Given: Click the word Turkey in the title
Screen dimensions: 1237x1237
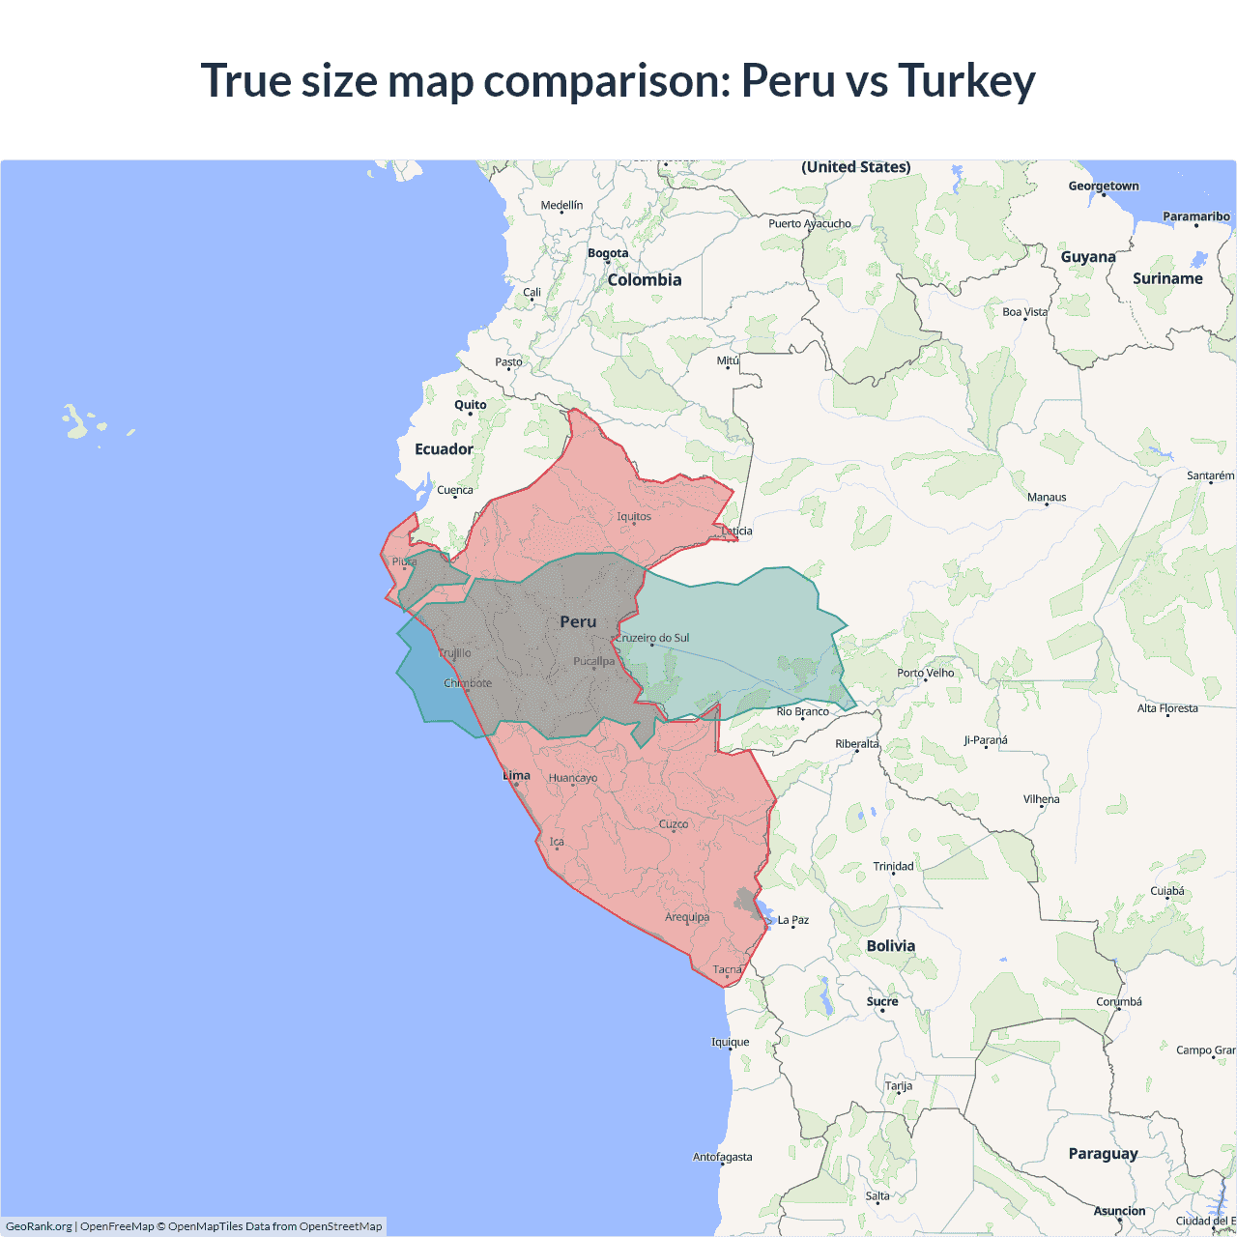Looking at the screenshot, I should point(966,80).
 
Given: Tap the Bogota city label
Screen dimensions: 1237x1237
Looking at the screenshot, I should point(608,253).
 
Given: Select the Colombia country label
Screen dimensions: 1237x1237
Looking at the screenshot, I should point(645,280).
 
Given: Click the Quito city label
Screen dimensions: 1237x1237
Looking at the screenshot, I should point(471,405).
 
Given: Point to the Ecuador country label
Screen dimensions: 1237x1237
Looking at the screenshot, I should point(444,449).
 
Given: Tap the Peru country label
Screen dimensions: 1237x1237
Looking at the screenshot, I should point(578,622).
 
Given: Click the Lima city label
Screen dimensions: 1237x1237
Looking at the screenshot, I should point(517,775).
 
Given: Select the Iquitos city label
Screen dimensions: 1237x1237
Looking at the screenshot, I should point(634,516).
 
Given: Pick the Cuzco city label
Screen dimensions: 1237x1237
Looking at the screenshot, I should point(674,824).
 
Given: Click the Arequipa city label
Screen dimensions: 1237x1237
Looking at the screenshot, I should point(687,917).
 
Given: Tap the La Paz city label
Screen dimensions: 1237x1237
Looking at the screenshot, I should point(793,920).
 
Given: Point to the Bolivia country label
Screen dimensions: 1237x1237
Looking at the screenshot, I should point(890,946).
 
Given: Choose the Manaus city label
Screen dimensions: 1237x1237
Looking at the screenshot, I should point(1047,498).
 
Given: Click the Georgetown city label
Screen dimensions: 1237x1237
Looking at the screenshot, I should point(1104,187).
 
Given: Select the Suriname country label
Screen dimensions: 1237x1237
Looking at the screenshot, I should point(1167,278).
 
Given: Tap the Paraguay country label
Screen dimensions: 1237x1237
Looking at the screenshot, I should point(1103,1154).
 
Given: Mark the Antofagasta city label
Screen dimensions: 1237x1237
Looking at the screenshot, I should point(722,1157).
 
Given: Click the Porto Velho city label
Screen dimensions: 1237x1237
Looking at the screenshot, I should point(925,673).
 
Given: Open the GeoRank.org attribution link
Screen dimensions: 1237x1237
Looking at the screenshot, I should point(39,1226).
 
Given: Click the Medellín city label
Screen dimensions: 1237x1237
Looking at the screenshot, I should point(561,205).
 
